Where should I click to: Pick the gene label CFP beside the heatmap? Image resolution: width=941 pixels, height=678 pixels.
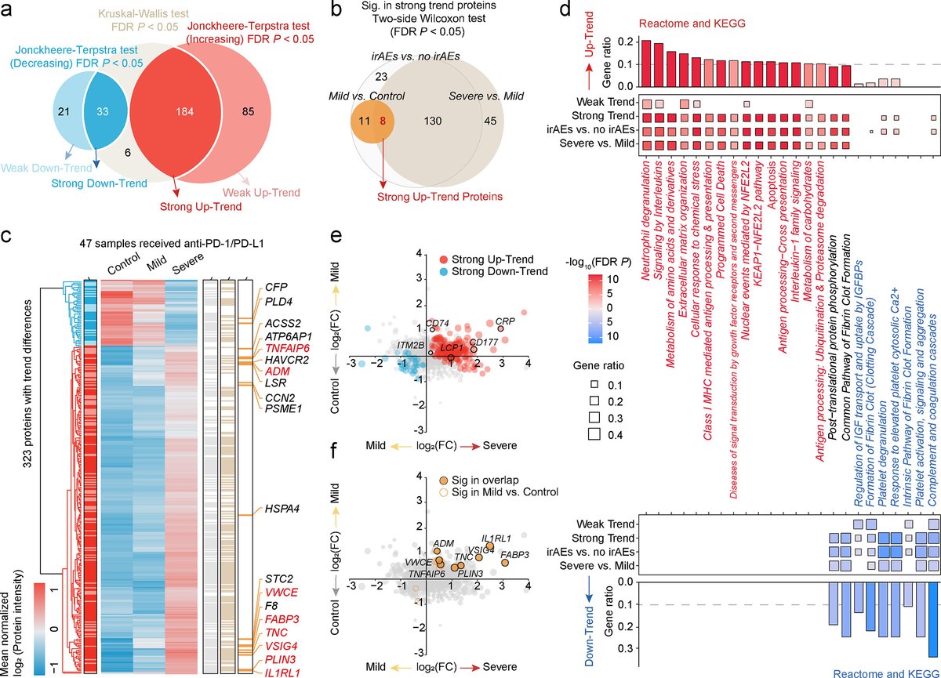[x=275, y=288]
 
